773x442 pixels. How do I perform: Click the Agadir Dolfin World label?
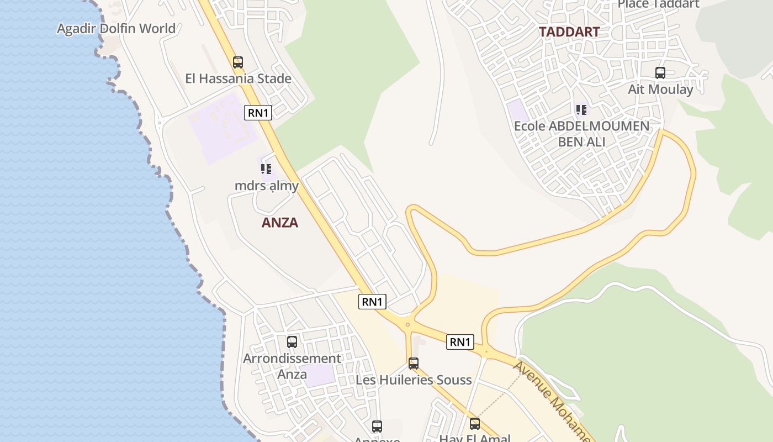(117, 29)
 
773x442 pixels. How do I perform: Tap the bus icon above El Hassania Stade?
(238, 62)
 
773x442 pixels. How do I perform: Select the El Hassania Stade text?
(238, 78)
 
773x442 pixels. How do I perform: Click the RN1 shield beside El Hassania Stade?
(258, 113)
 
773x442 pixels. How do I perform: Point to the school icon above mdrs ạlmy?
(266, 169)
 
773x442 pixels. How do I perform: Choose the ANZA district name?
(279, 223)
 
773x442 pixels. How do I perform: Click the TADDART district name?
(569, 32)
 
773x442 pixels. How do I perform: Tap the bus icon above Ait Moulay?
(660, 72)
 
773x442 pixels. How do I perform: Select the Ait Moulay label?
(660, 89)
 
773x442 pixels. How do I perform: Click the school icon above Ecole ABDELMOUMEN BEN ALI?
(581, 110)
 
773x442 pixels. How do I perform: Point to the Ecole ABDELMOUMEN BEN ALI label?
(581, 134)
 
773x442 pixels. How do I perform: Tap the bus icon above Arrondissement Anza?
(292, 342)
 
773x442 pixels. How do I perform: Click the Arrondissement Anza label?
(292, 366)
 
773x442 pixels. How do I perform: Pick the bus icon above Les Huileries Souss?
(414, 364)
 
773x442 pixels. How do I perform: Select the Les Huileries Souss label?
(414, 380)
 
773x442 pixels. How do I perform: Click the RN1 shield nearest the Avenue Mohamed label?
(460, 342)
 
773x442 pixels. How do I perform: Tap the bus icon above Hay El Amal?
(475, 424)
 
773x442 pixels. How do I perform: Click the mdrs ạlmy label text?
(267, 186)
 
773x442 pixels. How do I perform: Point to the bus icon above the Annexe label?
(377, 427)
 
